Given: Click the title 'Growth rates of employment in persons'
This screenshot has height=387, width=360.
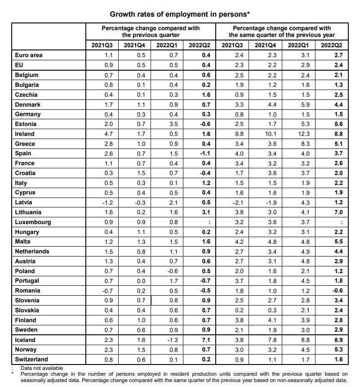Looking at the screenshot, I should coord(180,14).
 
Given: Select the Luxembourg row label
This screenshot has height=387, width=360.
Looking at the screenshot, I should coord(33,222).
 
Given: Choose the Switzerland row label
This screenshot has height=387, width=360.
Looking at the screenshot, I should coord(31,360).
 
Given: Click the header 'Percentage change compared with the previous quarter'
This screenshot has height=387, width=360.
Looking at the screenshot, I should coord(151,31).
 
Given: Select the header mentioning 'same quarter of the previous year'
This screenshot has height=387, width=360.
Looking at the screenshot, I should coord(282,31).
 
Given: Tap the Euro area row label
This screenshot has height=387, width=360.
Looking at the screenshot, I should coord(29,55).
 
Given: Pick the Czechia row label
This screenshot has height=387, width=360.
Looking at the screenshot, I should coord(26,95).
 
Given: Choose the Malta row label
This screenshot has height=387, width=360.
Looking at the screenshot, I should coord(22,242).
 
